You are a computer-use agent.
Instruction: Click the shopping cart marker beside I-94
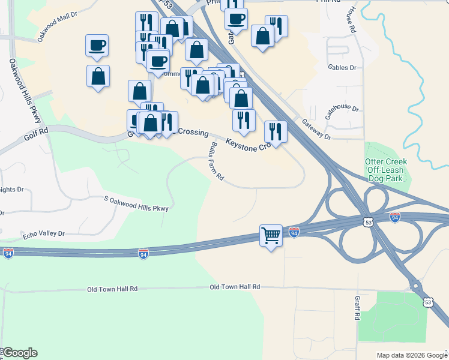pyautogui.click(x=271, y=235)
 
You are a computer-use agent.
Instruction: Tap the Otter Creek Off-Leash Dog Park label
pyautogui.click(x=385, y=170)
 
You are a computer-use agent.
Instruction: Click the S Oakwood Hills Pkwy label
pyautogui.click(x=136, y=203)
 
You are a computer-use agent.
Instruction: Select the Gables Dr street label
pyautogui.click(x=342, y=68)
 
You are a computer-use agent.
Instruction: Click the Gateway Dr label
pyautogui.click(x=316, y=129)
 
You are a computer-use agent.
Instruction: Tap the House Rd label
pyautogui.click(x=352, y=17)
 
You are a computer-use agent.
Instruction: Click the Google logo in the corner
pyautogui.click(x=19, y=353)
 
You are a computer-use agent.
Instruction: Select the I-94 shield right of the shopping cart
pyautogui.click(x=294, y=231)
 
